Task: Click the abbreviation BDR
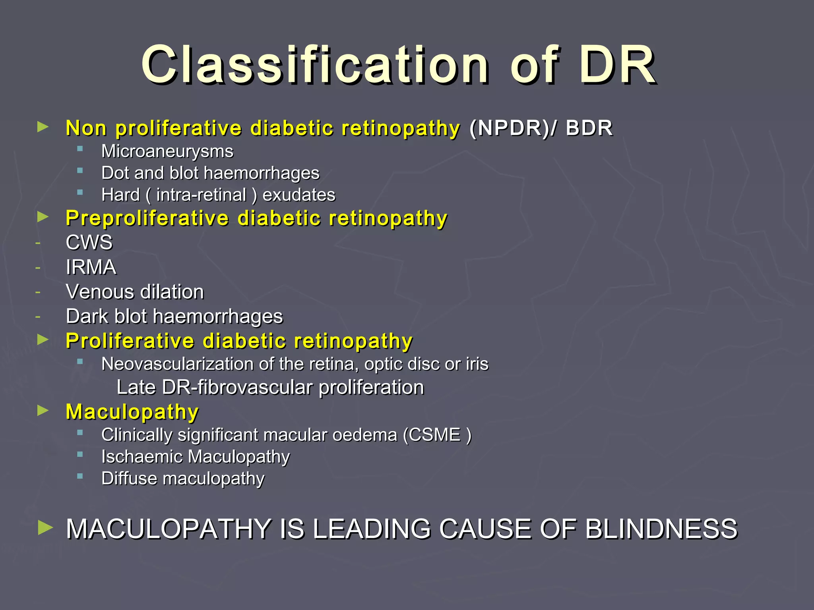click(x=589, y=128)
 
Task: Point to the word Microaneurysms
click(x=167, y=151)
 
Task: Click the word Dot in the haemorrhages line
click(x=114, y=173)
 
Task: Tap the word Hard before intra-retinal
click(x=120, y=195)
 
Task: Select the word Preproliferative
click(x=147, y=218)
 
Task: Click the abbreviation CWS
click(x=89, y=243)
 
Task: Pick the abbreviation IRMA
click(x=91, y=267)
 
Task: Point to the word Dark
click(x=87, y=317)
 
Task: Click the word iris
click(x=477, y=364)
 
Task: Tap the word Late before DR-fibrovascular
click(x=136, y=387)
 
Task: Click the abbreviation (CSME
click(x=432, y=435)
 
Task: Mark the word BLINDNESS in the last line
click(x=661, y=529)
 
